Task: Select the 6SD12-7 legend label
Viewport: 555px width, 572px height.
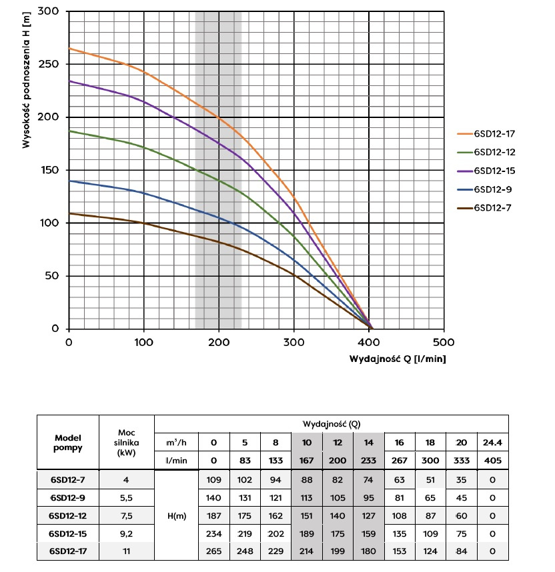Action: [492, 208]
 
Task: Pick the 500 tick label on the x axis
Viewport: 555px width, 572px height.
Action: [444, 343]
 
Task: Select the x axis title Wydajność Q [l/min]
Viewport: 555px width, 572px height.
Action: [398, 359]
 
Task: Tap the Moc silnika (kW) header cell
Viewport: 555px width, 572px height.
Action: [126, 443]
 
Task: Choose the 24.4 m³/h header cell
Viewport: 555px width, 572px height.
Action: [493, 441]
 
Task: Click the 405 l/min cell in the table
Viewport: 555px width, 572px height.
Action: [493, 459]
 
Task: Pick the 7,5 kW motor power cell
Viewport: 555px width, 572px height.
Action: [126, 515]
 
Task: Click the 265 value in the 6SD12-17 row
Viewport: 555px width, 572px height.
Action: [213, 551]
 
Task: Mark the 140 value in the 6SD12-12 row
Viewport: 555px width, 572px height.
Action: [339, 515]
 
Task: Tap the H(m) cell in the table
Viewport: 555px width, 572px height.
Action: [176, 515]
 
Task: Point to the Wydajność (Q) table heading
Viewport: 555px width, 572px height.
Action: [332, 423]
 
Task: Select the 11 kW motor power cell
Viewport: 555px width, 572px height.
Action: [126, 551]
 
